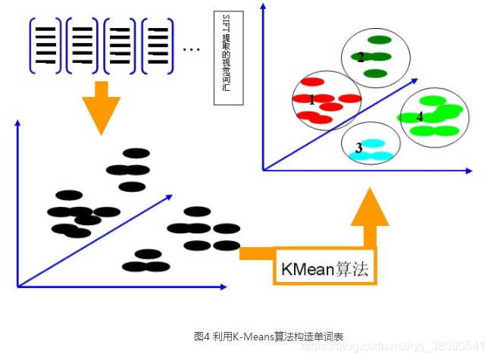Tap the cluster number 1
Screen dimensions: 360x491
coord(311,99)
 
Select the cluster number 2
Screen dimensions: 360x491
coord(361,57)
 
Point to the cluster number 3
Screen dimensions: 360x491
coord(358,148)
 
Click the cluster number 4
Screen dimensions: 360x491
coord(420,117)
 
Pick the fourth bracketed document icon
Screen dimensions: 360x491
coord(157,47)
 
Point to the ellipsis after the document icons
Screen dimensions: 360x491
coord(191,50)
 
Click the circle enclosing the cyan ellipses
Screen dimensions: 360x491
coord(370,143)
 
